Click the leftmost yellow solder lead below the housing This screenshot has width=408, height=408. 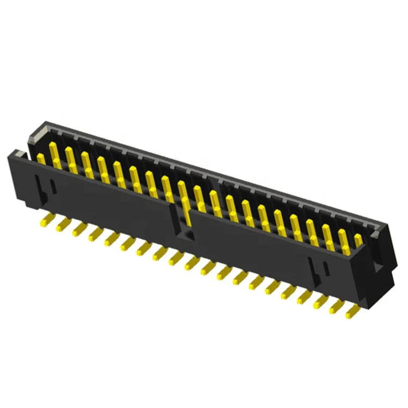click(46, 219)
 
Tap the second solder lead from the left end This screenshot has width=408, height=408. click(62, 224)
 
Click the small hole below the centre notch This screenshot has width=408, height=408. click(188, 234)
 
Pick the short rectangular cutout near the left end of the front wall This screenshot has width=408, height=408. click(53, 186)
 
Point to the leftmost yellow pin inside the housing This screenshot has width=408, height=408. click(40, 158)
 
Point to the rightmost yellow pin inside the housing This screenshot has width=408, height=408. click(357, 240)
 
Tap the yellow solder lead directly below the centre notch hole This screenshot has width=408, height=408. click(190, 263)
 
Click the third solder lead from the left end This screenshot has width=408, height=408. click(78, 229)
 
